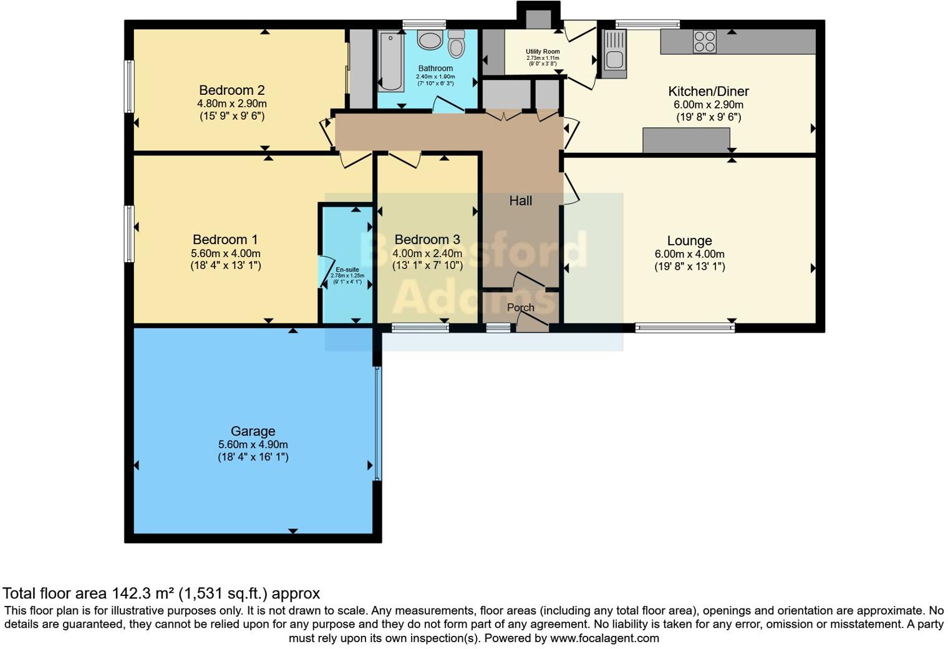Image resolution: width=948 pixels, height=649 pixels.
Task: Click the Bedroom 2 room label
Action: coord(227,90)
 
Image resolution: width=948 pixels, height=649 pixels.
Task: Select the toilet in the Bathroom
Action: coord(457,44)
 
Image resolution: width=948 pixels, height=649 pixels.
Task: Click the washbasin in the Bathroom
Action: coord(430,41)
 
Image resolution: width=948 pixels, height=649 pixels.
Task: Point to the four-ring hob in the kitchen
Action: coord(705,42)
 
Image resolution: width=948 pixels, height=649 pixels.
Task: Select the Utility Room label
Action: coord(543,52)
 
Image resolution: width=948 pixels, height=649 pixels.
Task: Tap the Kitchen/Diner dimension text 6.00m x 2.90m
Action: coord(709,105)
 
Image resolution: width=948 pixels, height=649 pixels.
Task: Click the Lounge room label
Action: coord(689,241)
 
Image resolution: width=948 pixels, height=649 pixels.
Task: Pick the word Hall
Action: coord(521,201)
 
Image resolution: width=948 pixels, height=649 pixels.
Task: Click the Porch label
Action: coord(520,308)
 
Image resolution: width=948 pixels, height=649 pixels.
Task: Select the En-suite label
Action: coord(347,270)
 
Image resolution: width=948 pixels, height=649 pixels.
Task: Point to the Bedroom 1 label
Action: coord(225,240)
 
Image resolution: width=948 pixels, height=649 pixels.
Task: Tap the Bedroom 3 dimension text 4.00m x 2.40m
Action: coord(427,253)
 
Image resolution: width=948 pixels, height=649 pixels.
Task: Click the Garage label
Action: coord(253,431)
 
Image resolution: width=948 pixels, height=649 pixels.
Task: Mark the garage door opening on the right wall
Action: coord(377,424)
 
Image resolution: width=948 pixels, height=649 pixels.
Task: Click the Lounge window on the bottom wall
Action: coord(685,328)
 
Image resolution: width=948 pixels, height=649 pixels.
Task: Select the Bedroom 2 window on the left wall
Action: coord(129,86)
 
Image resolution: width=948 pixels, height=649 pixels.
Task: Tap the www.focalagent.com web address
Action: coord(604,638)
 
